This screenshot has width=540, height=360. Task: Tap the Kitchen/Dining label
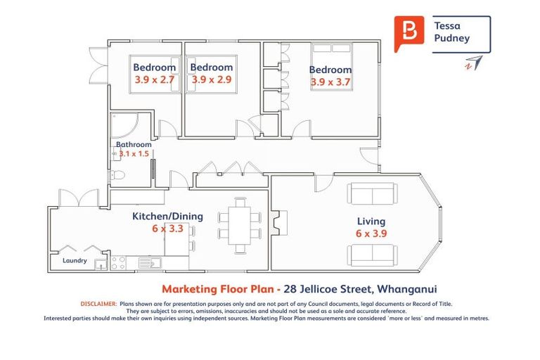pos(167,217)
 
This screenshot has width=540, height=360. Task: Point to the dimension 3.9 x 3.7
pos(330,82)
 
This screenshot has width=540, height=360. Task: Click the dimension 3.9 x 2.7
pos(155,79)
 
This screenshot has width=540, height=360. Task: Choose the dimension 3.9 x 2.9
pos(212,79)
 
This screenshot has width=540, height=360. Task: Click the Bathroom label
pos(134,145)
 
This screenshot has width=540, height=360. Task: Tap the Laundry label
pos(75,261)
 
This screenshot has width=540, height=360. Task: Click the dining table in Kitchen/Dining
pos(240,225)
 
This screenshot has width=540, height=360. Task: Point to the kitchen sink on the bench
pos(150,264)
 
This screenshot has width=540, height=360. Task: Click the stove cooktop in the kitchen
pos(118,264)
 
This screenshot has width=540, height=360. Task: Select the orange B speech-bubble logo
pos(406,32)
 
